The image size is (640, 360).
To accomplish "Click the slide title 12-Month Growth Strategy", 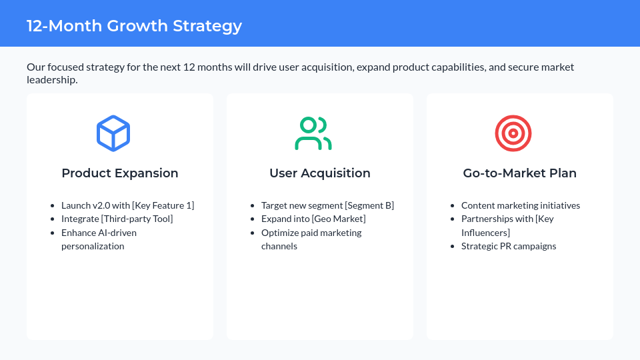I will point(134,26).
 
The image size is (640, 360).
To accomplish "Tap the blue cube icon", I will point(113,133).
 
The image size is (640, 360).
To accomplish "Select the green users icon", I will point(313,133).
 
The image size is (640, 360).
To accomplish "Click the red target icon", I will point(513,133).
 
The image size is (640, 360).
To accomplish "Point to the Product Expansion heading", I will point(120,173).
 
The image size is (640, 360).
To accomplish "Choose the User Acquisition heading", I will point(320,173).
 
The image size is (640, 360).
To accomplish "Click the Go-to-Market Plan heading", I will point(520,173).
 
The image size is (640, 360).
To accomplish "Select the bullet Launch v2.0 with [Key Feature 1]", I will point(127,205).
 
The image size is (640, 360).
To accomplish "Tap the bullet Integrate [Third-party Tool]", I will point(117,219).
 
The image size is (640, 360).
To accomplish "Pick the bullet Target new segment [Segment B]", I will point(327,205).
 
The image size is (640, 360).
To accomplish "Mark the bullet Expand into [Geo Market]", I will point(313,219).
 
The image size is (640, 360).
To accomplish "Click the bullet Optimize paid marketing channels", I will point(311,239).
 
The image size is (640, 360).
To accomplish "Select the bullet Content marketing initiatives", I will point(521,205).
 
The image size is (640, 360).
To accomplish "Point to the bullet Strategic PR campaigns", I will point(509,246).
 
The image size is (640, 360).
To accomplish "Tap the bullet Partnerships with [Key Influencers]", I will point(507,225).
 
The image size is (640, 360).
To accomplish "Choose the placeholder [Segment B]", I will point(369,205).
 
